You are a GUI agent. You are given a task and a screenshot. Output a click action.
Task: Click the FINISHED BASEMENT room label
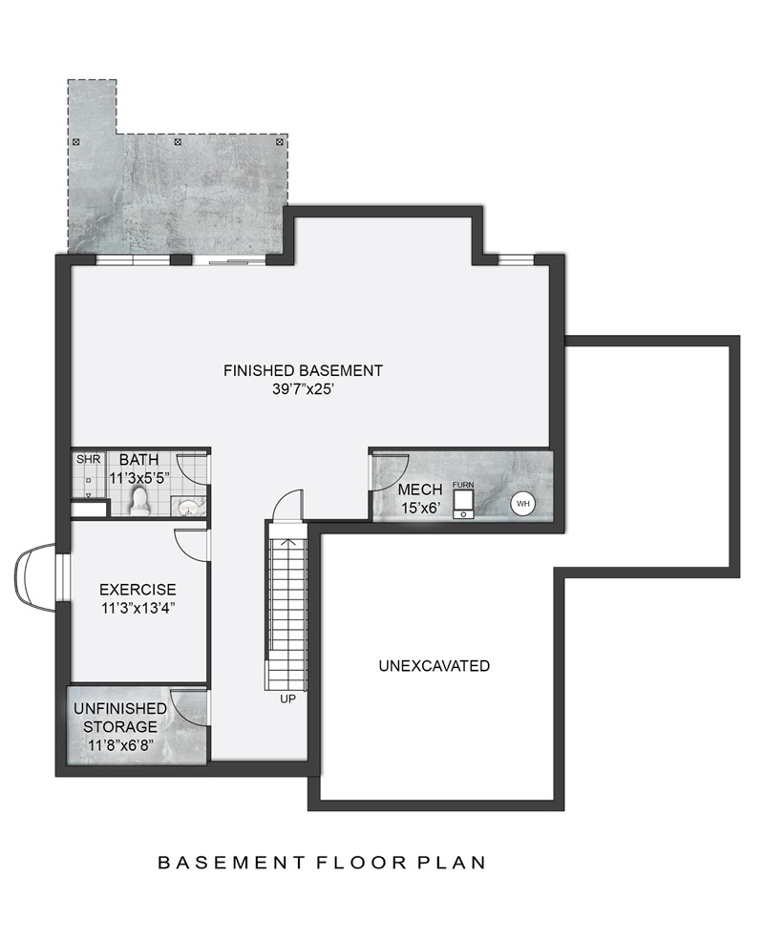point(303,370)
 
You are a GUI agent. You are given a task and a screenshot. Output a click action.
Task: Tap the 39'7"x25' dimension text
point(303,389)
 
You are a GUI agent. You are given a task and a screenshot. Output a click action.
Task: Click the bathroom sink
point(191,506)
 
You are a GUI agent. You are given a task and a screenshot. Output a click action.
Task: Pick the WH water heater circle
point(522,503)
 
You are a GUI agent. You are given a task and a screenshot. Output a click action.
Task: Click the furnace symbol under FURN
point(463,503)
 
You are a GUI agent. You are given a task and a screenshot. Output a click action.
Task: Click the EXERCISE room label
point(138,590)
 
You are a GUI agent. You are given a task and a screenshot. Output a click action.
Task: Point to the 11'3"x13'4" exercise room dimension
point(138,608)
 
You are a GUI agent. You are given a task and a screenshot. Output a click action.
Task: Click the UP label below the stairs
point(287,699)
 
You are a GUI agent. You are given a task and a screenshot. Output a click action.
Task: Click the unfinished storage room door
point(189,706)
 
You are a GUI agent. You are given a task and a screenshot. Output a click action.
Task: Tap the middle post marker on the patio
point(178,142)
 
